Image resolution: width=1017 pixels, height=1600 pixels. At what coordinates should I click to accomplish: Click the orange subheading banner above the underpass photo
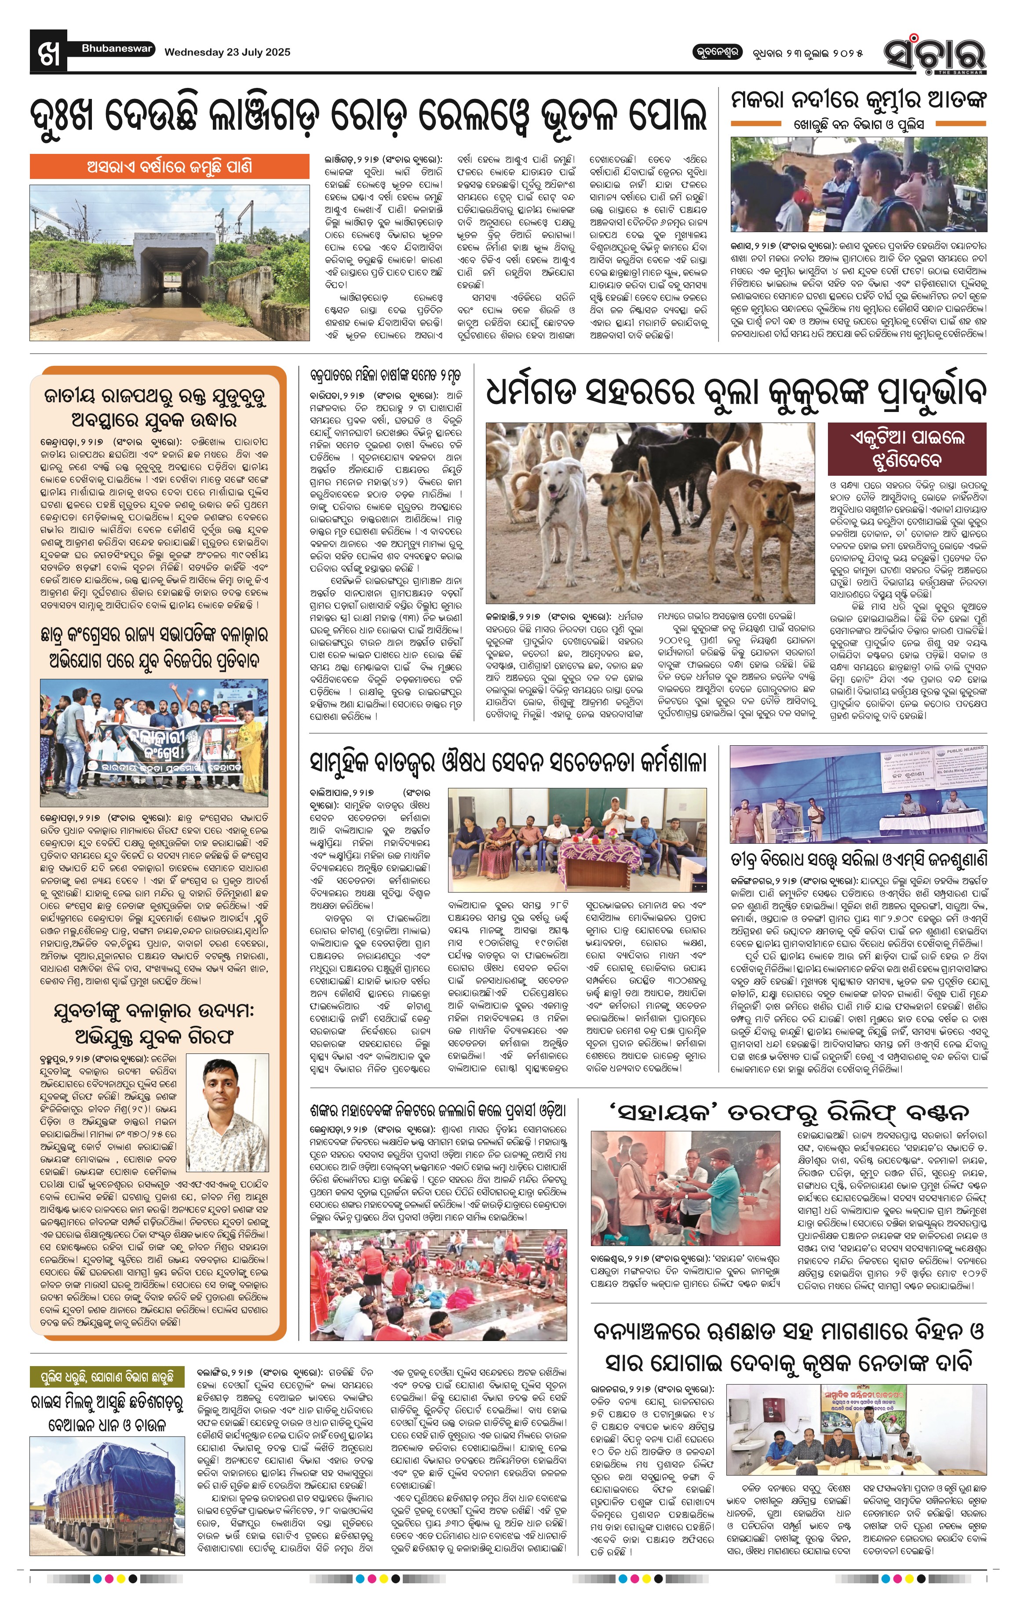(x=169, y=166)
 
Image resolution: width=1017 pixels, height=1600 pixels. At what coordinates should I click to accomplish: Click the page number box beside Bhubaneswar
(x=48, y=51)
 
